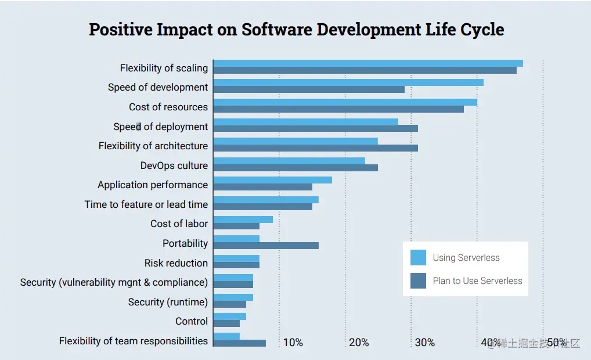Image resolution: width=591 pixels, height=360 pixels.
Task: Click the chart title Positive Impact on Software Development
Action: (x=296, y=30)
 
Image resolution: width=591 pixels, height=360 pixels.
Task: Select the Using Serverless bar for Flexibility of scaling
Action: (x=368, y=63)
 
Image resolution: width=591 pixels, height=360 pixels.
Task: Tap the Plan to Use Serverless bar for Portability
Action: (x=266, y=245)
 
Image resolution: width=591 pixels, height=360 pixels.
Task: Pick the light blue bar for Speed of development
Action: (x=348, y=82)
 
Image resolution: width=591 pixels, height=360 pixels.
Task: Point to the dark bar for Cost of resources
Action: (x=338, y=109)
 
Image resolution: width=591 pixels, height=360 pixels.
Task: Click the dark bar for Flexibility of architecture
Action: (x=315, y=148)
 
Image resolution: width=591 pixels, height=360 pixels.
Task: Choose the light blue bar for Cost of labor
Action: (x=243, y=219)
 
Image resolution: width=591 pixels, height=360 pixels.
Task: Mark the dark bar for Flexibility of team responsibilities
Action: (x=239, y=343)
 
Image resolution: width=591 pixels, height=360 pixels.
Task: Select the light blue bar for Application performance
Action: (x=273, y=180)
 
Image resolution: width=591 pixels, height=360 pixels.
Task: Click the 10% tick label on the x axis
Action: (x=293, y=343)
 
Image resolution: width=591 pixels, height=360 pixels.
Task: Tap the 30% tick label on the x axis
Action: (x=424, y=343)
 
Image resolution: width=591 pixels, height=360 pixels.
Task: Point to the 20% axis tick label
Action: (x=359, y=343)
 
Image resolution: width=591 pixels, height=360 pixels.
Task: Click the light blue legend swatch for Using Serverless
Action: (x=418, y=257)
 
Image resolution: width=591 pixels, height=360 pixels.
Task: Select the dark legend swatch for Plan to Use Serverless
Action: (x=418, y=281)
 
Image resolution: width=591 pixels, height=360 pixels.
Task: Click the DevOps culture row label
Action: (x=174, y=165)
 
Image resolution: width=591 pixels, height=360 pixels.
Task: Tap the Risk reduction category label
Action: (x=176, y=263)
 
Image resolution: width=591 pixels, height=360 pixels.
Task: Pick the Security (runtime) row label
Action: (x=168, y=302)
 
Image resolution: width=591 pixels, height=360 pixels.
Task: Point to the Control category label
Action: (x=192, y=321)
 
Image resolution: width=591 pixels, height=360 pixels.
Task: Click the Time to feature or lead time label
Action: (x=146, y=204)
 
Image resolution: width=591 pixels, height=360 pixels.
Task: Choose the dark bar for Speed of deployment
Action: (x=315, y=128)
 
